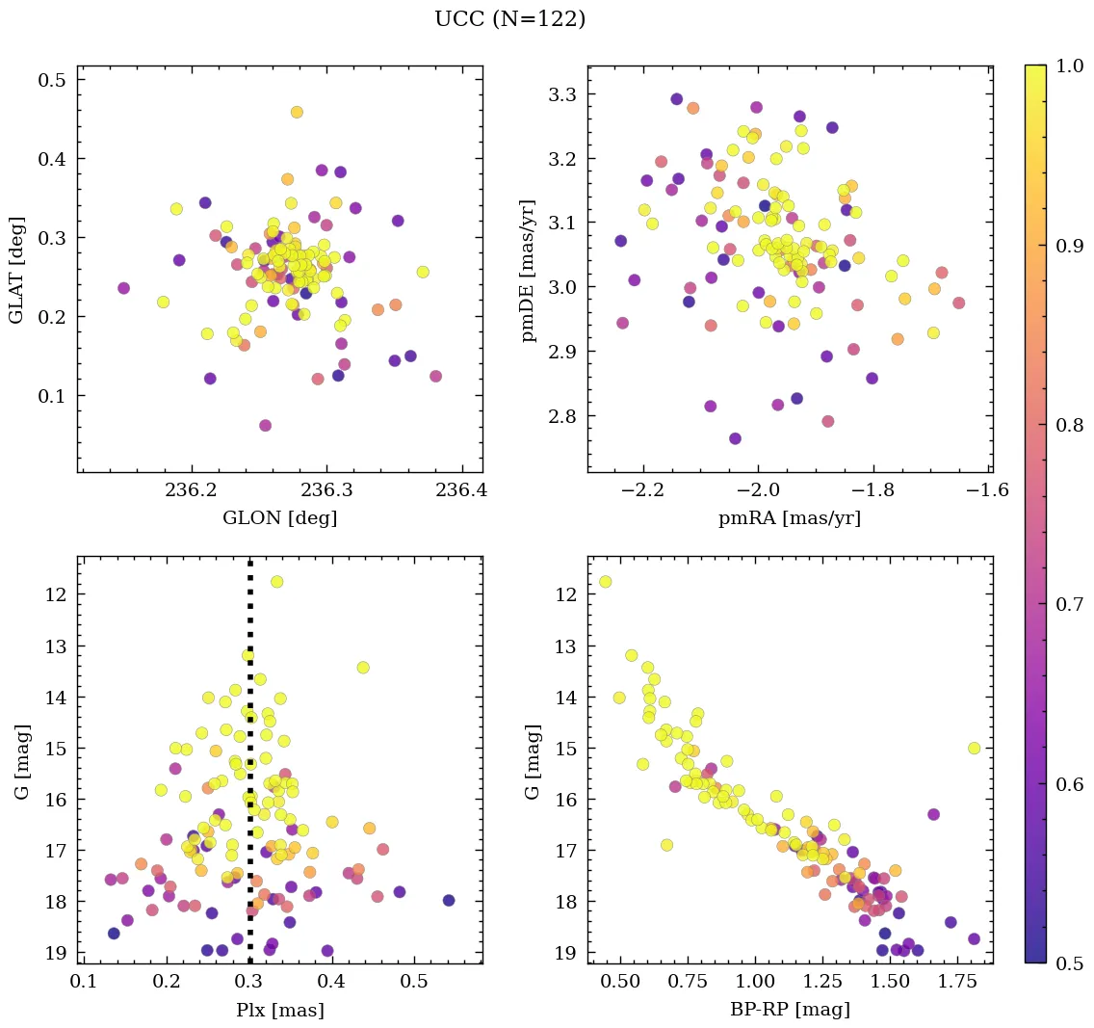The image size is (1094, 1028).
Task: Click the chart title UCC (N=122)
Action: [509, 19]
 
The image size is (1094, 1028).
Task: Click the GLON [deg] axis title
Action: [279, 518]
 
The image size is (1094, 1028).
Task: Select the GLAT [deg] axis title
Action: [16, 269]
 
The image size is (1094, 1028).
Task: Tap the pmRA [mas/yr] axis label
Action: [790, 518]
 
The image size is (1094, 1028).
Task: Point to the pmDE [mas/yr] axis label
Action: [528, 269]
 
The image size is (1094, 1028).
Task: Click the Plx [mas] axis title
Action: [279, 1011]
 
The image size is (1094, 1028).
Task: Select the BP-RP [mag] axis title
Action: [790, 1011]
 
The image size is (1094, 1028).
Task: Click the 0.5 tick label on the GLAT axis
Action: [52, 80]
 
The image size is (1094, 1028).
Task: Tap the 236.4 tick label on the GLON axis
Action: [461, 490]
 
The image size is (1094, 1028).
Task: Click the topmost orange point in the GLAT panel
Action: [297, 112]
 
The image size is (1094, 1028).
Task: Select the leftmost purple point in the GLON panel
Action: [123, 288]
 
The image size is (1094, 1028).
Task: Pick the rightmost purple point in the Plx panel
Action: [449, 900]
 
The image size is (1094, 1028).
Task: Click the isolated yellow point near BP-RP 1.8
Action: [974, 748]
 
